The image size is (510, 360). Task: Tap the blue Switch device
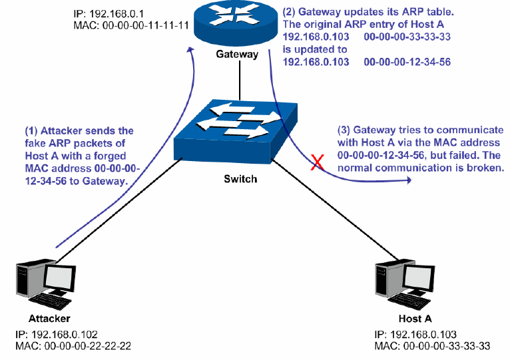(236, 130)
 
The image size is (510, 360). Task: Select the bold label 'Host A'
(405, 318)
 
